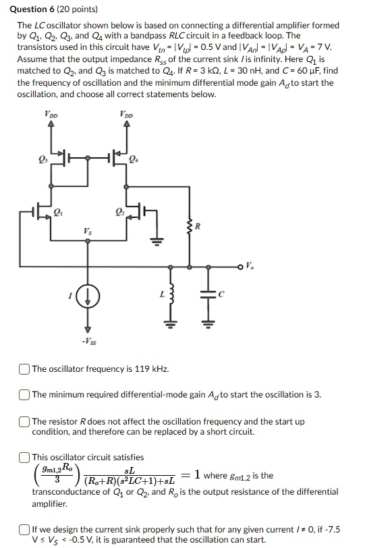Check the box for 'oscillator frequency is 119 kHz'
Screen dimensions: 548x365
coord(24,368)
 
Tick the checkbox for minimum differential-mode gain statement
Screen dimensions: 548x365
coord(24,394)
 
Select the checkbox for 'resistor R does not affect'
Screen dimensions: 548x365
coord(24,421)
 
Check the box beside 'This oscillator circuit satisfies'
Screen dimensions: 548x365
coord(24,457)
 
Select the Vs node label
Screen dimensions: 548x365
coord(88,231)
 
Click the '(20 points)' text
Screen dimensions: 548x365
coord(78,9)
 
